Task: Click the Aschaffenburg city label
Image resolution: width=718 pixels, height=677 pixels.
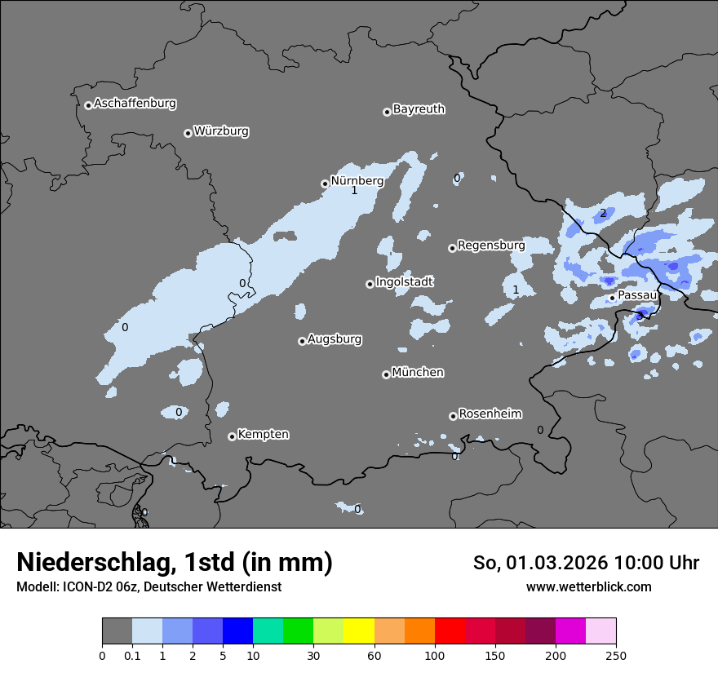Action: [x=135, y=104]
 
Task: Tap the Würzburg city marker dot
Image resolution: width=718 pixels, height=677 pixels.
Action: [x=188, y=133]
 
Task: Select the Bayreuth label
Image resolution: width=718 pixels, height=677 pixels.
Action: [x=419, y=109]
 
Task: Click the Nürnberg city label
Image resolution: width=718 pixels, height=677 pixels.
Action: [x=357, y=180]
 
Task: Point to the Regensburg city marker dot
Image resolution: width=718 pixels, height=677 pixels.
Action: [x=452, y=248]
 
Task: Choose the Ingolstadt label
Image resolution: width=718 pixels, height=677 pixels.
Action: [x=404, y=282]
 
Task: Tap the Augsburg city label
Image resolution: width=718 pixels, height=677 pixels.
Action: [x=335, y=339]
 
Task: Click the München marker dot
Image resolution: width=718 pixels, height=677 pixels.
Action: [x=386, y=375]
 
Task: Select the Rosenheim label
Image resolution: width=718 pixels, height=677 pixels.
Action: [x=490, y=414]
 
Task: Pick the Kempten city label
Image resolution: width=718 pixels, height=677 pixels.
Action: [x=263, y=435]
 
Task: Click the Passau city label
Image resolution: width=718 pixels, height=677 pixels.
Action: [x=637, y=295]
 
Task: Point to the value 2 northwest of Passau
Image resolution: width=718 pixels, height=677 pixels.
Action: [x=603, y=214]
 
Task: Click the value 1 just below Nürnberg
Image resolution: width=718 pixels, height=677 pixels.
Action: [x=354, y=191]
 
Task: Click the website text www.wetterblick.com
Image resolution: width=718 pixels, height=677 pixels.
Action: [x=588, y=587]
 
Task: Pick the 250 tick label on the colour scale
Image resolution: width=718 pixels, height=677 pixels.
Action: [x=615, y=656]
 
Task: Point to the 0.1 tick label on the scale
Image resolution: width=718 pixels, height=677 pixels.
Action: [x=132, y=656]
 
